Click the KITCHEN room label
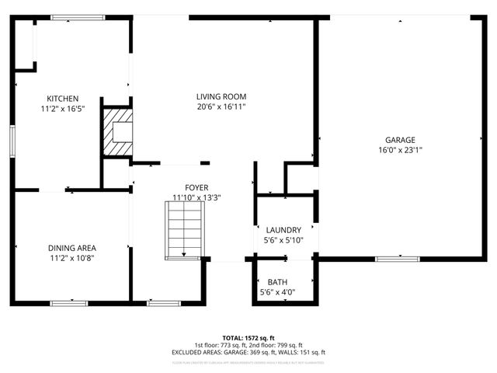(x=62, y=99)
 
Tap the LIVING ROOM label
(x=221, y=96)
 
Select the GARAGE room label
(x=400, y=140)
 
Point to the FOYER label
(x=196, y=187)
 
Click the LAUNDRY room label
(x=283, y=230)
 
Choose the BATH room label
(x=277, y=282)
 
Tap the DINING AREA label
(x=71, y=248)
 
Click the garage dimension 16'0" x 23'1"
(x=400, y=150)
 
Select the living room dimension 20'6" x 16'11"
(x=221, y=106)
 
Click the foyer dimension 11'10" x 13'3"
(x=196, y=197)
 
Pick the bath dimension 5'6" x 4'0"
(x=277, y=292)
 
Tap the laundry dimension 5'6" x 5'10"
(x=283, y=240)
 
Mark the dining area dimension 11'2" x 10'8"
(x=71, y=258)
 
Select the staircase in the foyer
(x=184, y=230)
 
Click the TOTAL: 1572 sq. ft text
(x=248, y=338)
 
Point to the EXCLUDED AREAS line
(x=248, y=352)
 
